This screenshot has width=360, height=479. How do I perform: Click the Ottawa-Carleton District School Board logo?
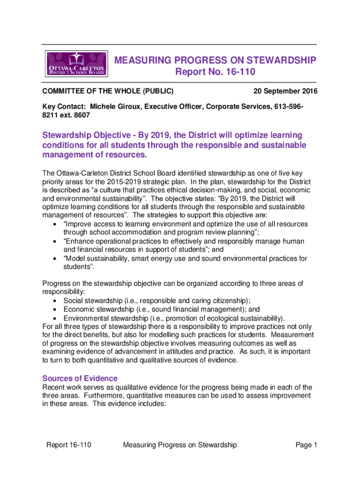pyautogui.click(x=77, y=64)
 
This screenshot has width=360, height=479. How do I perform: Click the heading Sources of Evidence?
pyautogui.click(x=80, y=378)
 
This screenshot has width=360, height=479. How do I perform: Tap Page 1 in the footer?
pyautogui.click(x=306, y=445)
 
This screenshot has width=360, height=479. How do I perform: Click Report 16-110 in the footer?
pyautogui.click(x=68, y=445)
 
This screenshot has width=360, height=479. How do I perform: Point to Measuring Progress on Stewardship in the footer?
pyautogui.click(x=180, y=445)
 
